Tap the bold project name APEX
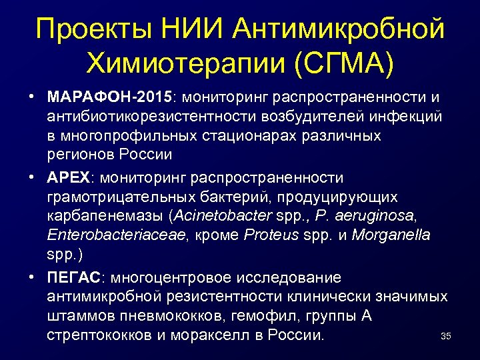[70, 178]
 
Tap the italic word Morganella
[391, 235]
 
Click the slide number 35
[446, 337]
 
